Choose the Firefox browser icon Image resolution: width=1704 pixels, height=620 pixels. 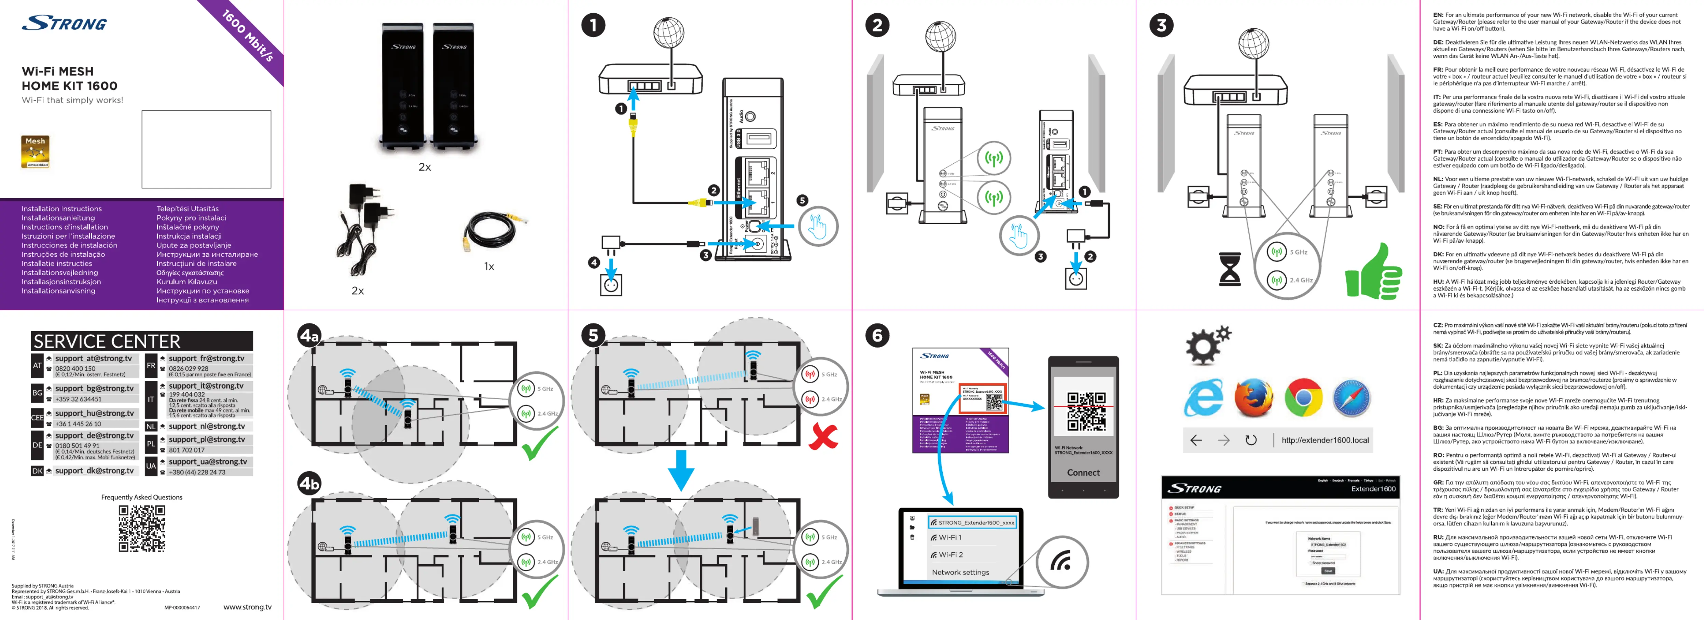point(1253,398)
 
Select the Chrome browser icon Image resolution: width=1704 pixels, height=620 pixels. point(1303,398)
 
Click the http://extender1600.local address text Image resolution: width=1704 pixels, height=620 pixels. point(1324,440)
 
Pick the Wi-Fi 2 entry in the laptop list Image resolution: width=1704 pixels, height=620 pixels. point(951,554)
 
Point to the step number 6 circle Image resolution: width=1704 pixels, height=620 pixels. point(877,336)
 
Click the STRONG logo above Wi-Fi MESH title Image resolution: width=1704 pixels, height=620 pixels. point(65,24)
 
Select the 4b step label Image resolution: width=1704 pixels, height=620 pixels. point(309,483)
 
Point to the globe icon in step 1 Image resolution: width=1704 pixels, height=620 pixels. point(669,32)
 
